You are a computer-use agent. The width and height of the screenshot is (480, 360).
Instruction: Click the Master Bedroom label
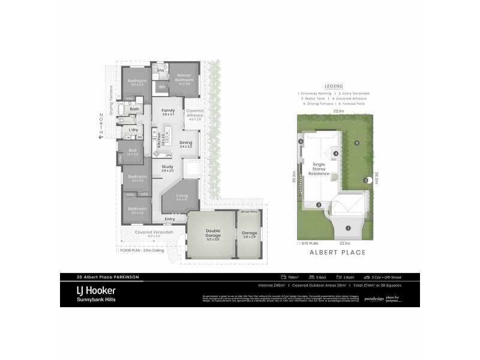click(184, 77)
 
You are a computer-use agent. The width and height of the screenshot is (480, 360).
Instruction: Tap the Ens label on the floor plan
click(160, 71)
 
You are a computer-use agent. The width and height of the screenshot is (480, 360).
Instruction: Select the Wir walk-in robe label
click(162, 88)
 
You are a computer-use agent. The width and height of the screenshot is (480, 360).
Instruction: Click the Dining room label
click(185, 143)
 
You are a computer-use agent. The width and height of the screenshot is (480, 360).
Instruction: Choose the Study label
click(167, 168)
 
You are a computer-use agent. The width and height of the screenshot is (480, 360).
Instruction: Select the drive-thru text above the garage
click(248, 211)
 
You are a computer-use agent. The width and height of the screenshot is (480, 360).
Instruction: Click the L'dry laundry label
click(134, 130)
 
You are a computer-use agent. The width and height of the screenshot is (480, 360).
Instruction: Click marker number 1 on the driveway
click(349, 227)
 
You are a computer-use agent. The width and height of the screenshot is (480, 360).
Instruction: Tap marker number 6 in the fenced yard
click(356, 143)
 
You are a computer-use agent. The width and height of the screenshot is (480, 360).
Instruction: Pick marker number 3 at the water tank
click(365, 181)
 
